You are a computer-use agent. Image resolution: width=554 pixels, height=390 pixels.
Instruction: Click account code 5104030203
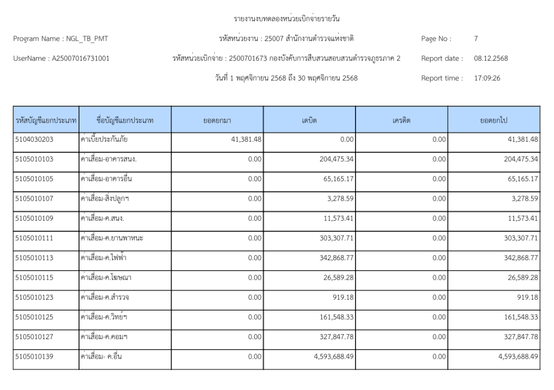(x=34, y=140)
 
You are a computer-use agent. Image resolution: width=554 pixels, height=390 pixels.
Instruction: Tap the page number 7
(x=476, y=38)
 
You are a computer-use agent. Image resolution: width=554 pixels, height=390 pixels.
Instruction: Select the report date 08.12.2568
(x=491, y=58)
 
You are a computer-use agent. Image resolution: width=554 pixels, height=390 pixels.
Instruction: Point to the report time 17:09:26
(x=487, y=78)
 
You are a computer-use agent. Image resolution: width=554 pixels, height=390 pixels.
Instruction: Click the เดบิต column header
(x=309, y=120)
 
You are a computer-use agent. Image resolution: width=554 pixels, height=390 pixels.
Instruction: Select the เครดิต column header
(x=401, y=120)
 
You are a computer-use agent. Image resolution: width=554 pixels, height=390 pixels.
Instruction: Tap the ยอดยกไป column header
(x=494, y=120)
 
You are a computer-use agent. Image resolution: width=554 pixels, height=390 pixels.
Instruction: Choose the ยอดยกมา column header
(x=217, y=120)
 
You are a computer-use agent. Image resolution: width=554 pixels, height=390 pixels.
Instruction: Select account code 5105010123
(x=34, y=298)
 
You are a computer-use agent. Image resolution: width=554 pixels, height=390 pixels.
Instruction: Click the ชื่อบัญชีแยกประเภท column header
(x=124, y=120)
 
